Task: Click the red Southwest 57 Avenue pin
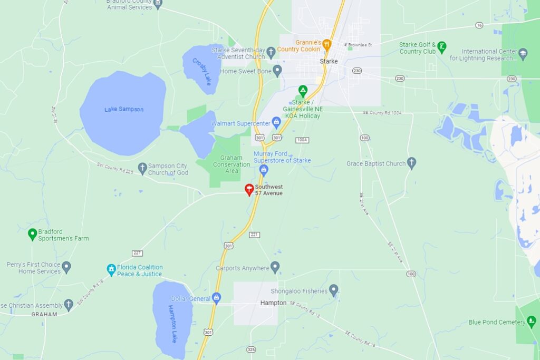[249, 190]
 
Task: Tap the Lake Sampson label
[124, 109]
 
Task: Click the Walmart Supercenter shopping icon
[276, 123]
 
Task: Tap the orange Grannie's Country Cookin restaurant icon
[327, 44]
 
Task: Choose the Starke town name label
[329, 62]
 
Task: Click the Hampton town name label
[273, 303]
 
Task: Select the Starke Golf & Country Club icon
[442, 47]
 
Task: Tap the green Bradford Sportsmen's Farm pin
[32, 233]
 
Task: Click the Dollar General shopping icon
[216, 298]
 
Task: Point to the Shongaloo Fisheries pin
[333, 290]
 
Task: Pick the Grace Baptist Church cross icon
[411, 163]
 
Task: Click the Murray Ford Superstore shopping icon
[264, 169]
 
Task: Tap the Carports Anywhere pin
[275, 267]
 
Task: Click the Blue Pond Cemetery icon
[532, 322]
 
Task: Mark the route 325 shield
[251, 349]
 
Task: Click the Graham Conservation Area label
[231, 164]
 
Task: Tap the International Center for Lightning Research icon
[523, 53]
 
